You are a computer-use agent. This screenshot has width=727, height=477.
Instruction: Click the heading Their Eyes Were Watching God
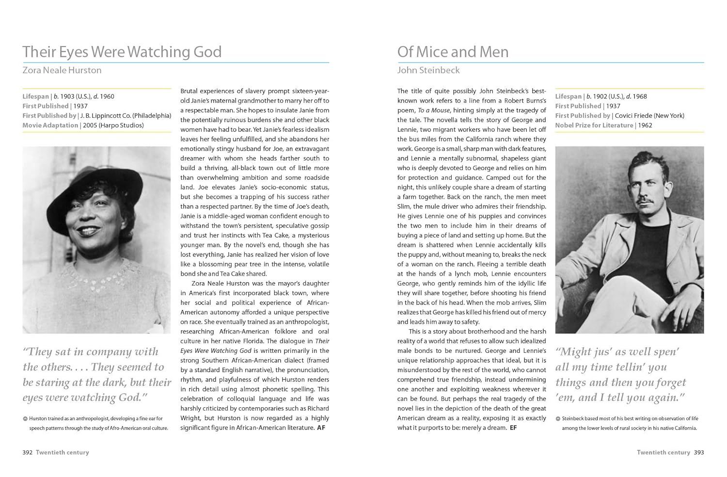122,52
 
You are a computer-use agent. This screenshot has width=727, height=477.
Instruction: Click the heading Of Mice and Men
453,52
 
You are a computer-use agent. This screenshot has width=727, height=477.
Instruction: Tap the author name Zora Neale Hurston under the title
62,70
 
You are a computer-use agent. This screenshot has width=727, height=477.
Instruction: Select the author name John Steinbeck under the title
428,70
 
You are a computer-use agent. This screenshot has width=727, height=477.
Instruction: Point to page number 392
27,452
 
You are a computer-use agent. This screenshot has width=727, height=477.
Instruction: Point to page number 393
698,452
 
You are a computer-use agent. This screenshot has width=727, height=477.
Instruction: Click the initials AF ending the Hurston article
321,428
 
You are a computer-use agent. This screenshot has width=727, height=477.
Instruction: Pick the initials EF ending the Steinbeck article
513,428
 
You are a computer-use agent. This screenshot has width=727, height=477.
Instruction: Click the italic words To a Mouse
433,111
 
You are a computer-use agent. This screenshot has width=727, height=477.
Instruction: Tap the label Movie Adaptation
50,125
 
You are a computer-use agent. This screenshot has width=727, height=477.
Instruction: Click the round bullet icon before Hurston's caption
25,419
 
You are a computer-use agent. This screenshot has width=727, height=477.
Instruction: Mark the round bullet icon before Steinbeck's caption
558,419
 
